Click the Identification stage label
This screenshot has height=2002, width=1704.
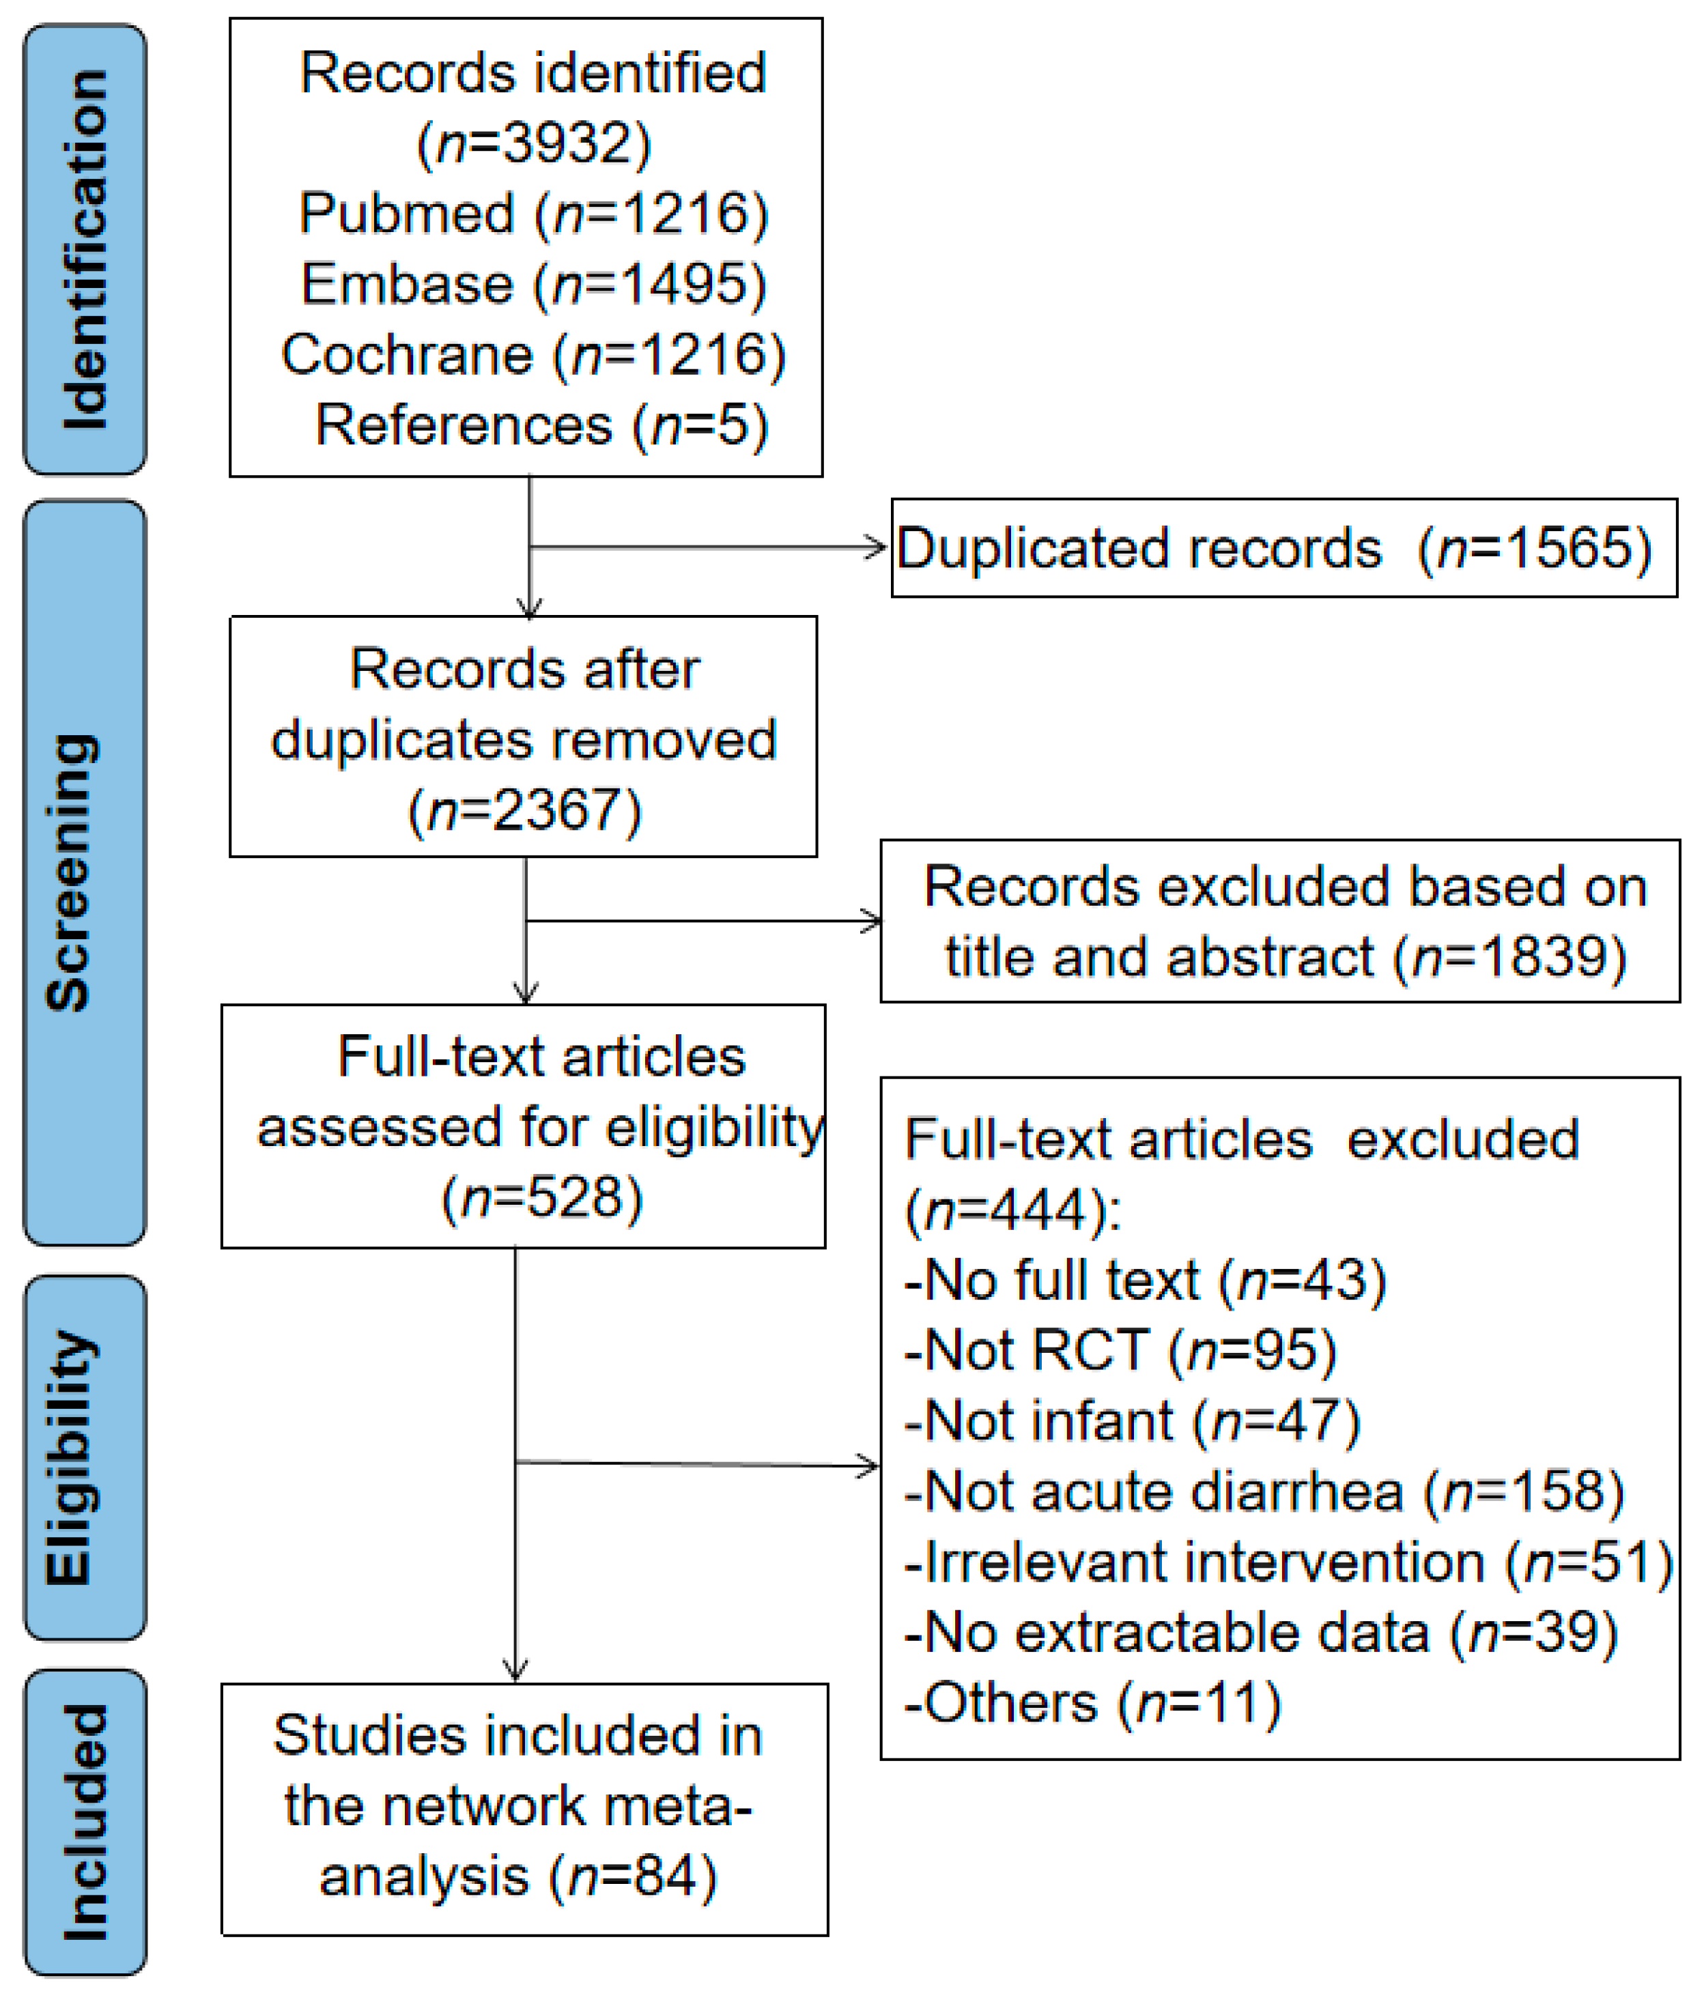[85, 249]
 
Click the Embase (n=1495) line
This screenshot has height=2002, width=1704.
[533, 284]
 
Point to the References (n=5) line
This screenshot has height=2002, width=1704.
[541, 425]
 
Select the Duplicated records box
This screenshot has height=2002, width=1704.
[1283, 547]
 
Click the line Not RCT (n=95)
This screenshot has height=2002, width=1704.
[1120, 1350]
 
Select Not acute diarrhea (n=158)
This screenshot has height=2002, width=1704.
[1264, 1491]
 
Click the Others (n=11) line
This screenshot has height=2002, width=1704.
[1092, 1702]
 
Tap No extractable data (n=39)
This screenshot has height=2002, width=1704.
[1261, 1632]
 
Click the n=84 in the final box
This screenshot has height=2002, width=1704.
[633, 1876]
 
